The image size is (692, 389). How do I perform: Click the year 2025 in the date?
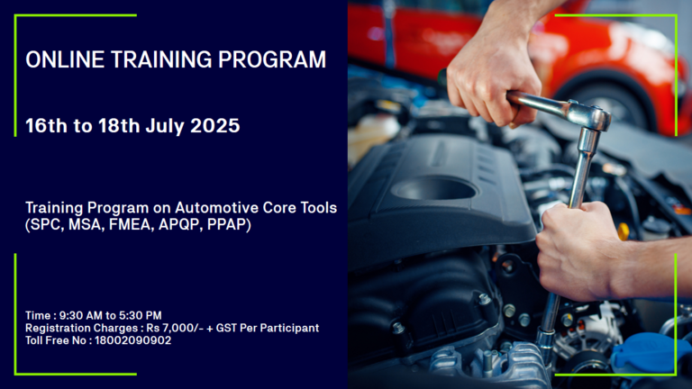pos(215,126)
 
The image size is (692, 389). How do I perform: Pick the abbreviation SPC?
pos(44,224)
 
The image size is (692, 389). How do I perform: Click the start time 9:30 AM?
pos(81,315)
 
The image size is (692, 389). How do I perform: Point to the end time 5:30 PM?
pos(141,315)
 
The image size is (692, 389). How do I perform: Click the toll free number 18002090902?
pos(132,340)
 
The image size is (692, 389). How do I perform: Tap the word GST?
pos(227,328)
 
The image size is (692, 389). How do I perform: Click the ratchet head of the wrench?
pos(589,115)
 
